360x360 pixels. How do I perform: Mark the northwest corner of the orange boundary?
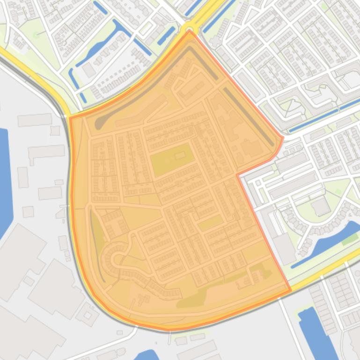[x=71, y=118]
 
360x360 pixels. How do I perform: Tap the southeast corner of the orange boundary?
[x=290, y=290]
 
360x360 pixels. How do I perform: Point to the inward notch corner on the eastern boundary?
[x=238, y=175]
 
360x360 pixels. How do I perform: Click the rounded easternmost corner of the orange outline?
[x=282, y=138]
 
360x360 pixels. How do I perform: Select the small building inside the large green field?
[x=180, y=155]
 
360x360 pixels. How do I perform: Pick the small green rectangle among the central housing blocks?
[x=211, y=223]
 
